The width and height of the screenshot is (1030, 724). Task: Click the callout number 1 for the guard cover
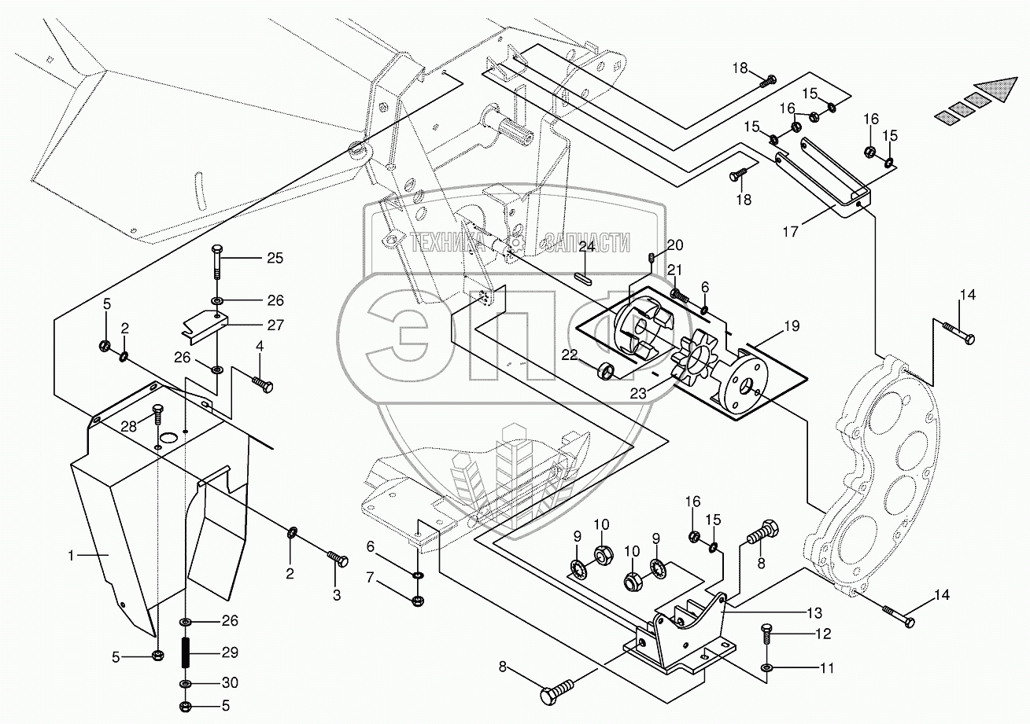[72, 555]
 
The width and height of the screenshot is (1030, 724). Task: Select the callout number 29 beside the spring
[230, 652]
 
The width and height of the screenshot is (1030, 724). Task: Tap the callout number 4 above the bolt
[259, 345]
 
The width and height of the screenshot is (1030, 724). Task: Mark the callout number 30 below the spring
[230, 682]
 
